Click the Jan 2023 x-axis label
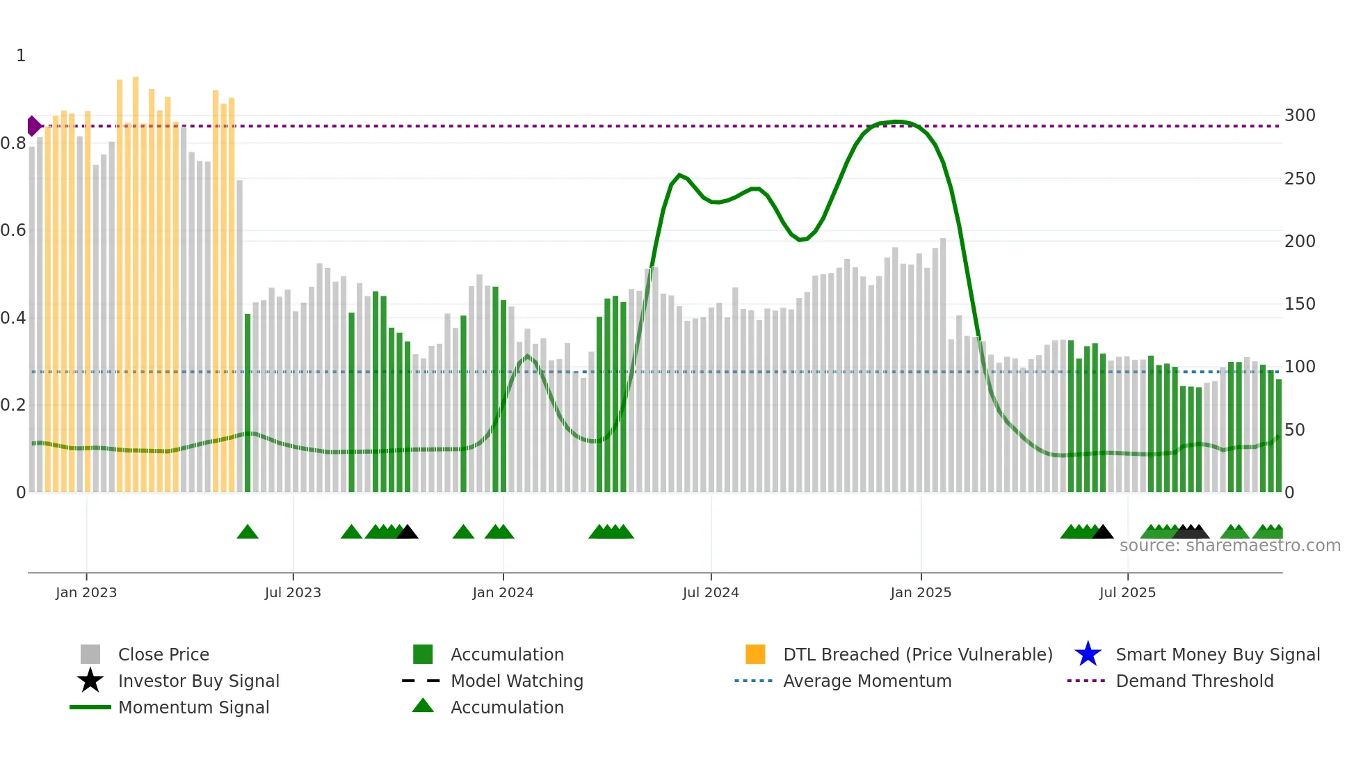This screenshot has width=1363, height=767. [x=86, y=592]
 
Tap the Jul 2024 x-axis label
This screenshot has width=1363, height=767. [x=711, y=592]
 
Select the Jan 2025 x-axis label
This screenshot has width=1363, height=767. [x=921, y=592]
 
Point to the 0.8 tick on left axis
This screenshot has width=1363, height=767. [x=13, y=143]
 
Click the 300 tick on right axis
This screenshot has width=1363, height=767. [x=1300, y=116]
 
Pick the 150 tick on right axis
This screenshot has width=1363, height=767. [x=1300, y=304]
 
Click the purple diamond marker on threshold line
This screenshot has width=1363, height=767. [x=33, y=126]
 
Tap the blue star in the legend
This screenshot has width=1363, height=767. [x=1088, y=654]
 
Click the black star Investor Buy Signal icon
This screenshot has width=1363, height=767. [x=90, y=681]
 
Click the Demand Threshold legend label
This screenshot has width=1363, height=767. [x=1194, y=681]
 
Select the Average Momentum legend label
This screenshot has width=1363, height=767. [x=867, y=681]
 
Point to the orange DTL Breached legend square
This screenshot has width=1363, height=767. [x=755, y=654]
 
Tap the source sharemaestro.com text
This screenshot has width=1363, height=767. [x=1229, y=546]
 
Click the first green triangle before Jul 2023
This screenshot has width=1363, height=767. [x=248, y=532]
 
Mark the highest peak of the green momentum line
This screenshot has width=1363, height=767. [x=897, y=122]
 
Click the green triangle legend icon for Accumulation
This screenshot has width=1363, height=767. [x=423, y=706]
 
